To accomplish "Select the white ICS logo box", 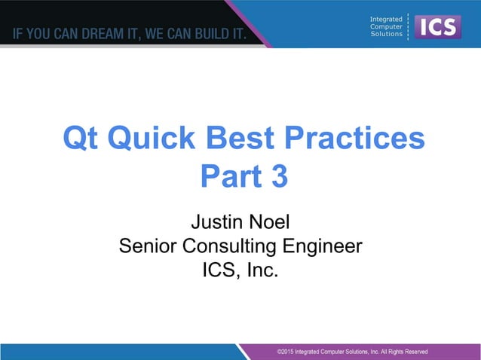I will click(x=438, y=26).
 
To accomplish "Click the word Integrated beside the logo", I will click(x=386, y=19).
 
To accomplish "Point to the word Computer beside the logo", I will click(x=387, y=26).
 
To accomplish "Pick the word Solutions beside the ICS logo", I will click(x=387, y=34).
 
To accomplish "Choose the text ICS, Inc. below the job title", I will click(x=240, y=269).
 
